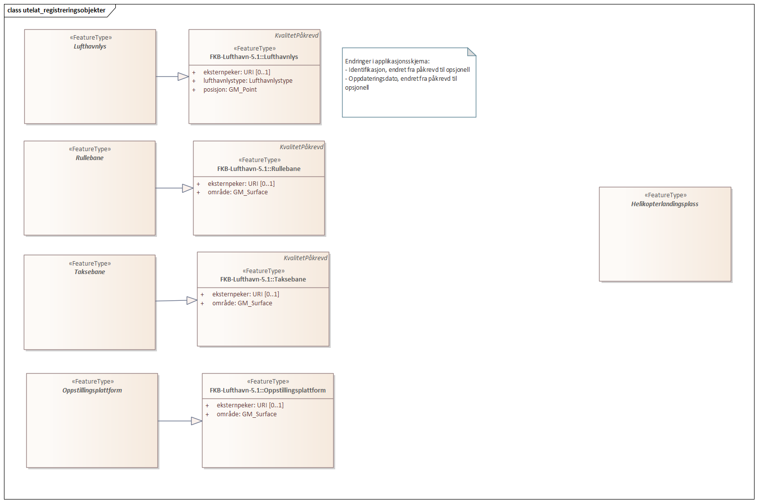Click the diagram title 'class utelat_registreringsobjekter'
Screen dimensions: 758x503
(56, 10)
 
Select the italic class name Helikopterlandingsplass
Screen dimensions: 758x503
(664, 204)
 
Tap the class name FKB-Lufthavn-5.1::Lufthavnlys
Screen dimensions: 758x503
(254, 57)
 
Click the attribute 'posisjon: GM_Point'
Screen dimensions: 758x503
(230, 89)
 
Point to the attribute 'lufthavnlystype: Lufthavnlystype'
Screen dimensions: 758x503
(248, 81)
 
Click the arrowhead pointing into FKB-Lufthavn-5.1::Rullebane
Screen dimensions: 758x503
(188, 188)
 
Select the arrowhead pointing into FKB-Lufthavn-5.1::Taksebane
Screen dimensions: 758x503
(192, 300)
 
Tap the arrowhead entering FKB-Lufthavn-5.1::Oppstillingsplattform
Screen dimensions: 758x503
(197, 421)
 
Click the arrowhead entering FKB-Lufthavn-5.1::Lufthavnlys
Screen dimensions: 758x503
(183, 76)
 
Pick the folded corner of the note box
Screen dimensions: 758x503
(472, 52)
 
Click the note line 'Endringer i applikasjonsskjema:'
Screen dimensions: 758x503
(388, 61)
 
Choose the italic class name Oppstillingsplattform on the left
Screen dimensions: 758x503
(92, 390)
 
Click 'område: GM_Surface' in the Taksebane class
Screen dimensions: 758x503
(242, 303)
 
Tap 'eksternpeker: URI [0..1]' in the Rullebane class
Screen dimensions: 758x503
(241, 183)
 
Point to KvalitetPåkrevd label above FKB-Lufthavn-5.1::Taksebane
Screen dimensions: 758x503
(305, 258)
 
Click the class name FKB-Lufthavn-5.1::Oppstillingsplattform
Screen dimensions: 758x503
(268, 390)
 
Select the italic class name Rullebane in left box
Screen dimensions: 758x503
(90, 158)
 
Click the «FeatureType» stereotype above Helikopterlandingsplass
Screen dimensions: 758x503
(665, 195)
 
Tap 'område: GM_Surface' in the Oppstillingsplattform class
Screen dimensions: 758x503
(247, 414)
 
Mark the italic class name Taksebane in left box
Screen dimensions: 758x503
(90, 272)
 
